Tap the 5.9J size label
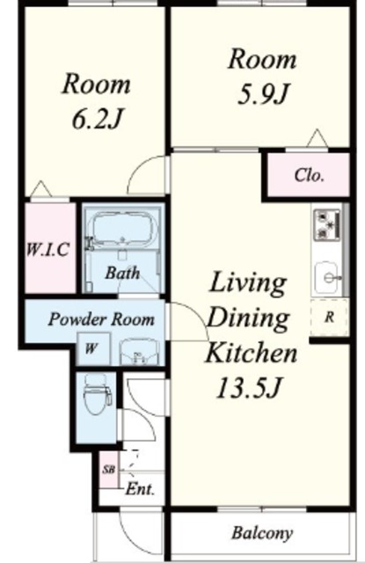click(x=263, y=94)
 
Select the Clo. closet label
click(x=309, y=176)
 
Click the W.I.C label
click(x=47, y=250)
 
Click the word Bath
click(x=122, y=274)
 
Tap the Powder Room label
click(x=101, y=319)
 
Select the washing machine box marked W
click(x=93, y=349)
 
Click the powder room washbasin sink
click(x=138, y=352)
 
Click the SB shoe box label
click(x=108, y=469)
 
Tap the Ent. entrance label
click(x=140, y=489)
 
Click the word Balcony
click(x=262, y=533)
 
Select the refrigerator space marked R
click(x=329, y=317)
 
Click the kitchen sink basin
click(x=327, y=277)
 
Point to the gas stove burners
click(x=326, y=225)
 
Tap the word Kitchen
click(x=251, y=353)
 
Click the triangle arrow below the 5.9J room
click(x=318, y=138)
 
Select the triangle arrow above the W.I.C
click(x=40, y=189)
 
